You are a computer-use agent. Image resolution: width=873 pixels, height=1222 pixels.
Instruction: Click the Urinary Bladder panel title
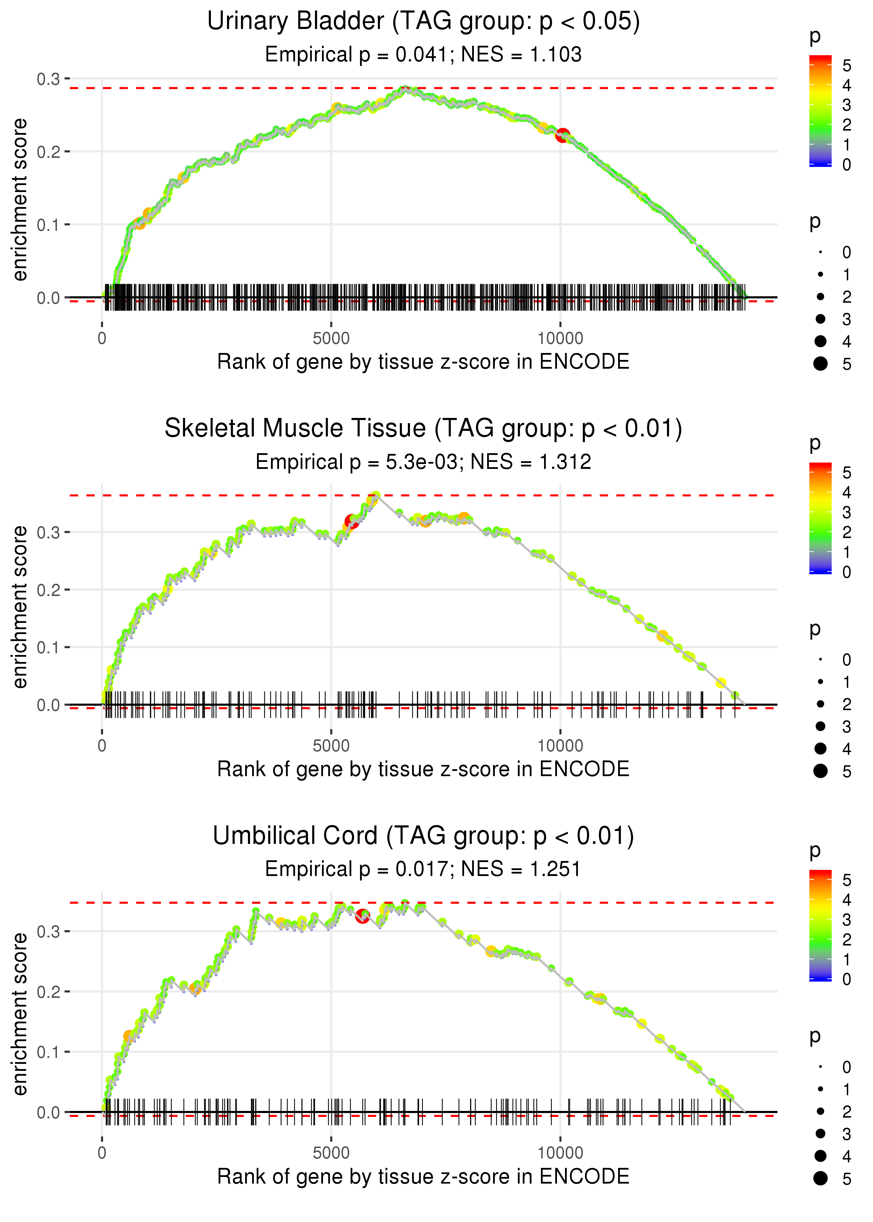tap(423, 22)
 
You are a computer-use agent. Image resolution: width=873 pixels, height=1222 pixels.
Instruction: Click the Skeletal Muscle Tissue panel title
tap(423, 429)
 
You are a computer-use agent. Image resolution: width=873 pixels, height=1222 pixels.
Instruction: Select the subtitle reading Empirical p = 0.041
tap(423, 55)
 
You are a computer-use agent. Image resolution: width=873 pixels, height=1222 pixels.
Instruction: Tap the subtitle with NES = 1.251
tap(423, 869)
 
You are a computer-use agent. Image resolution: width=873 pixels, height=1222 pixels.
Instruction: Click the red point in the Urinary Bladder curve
tap(562, 135)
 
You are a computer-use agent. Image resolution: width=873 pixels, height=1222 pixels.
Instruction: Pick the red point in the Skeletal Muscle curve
tap(352, 521)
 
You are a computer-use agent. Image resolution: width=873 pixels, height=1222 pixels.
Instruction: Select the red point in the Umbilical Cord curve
tap(362, 916)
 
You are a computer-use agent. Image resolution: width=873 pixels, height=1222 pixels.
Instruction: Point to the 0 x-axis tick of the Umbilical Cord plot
tap(102, 1153)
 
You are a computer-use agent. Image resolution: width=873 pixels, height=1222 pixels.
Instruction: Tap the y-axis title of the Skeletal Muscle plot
tap(20, 607)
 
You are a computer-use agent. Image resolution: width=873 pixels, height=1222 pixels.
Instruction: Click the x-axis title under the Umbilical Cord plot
tap(423, 1177)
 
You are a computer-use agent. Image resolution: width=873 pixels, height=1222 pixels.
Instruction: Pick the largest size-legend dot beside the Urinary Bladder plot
tap(820, 364)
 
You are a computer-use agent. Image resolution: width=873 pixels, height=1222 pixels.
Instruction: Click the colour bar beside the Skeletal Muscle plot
tap(820, 518)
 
